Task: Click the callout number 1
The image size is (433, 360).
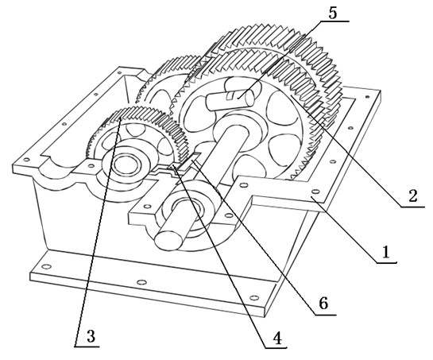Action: (385, 252)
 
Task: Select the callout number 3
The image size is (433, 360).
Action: (91, 336)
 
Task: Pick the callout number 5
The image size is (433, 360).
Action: (333, 13)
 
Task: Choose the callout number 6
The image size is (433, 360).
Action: (323, 303)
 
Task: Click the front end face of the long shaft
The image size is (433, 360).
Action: (168, 240)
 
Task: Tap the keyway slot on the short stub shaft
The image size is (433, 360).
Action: (230, 96)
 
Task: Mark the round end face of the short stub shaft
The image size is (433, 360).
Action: (249, 99)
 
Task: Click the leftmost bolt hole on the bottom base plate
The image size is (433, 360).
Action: (46, 266)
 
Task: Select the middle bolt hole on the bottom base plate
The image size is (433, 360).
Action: (141, 282)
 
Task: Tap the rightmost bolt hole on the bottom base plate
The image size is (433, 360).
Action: (254, 297)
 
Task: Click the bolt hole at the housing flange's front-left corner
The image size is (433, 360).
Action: (26, 160)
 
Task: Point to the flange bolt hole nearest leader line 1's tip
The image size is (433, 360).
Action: (315, 192)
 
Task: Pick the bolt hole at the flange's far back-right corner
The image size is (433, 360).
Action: (367, 97)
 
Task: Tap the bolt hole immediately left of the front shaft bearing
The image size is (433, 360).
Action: (148, 206)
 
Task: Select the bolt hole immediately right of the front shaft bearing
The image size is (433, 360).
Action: (229, 215)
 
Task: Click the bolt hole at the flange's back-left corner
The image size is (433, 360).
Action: (119, 72)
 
